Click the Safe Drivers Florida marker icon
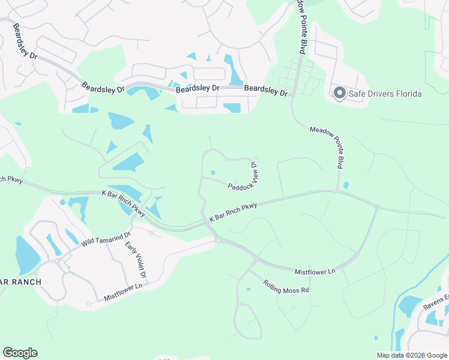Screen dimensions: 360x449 339,93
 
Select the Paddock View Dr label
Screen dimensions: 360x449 244,178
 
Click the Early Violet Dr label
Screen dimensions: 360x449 136,260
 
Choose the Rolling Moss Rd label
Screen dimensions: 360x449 286,286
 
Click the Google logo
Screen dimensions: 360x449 20,353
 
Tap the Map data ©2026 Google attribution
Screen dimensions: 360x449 411,355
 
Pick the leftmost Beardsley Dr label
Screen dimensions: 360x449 25,41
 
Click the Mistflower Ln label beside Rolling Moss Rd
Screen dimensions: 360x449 315,271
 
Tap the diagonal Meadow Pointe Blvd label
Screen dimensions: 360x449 328,146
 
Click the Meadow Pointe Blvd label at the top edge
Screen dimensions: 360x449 302,27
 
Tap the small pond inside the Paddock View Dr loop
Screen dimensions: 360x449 212,173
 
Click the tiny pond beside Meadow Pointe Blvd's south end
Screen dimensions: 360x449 346,185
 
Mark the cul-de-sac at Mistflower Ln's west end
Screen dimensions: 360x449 88,304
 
